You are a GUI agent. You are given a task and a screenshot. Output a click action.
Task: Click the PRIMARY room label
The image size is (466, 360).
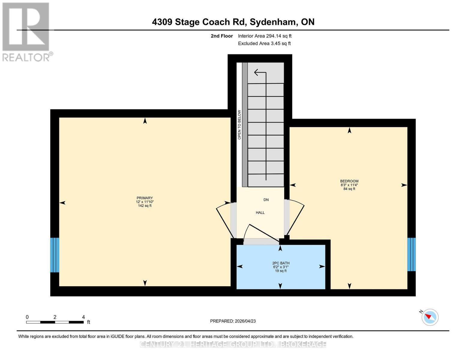click(145, 198)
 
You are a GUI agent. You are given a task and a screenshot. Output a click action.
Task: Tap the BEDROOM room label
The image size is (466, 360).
click(349, 181)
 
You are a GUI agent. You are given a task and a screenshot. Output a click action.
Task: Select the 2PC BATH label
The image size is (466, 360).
click(281, 263)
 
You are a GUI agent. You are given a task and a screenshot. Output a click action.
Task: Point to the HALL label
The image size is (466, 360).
click(260, 212)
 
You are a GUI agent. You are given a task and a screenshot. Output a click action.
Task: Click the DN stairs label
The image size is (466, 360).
click(266, 199)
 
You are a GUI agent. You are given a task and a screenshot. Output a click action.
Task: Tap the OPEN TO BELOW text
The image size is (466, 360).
click(239, 124)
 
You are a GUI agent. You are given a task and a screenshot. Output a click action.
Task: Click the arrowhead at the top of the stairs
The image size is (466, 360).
click(256, 73)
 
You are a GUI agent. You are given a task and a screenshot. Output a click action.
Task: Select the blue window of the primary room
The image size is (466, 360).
click(55, 255)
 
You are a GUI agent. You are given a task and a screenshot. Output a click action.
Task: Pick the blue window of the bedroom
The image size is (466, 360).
click(411, 254)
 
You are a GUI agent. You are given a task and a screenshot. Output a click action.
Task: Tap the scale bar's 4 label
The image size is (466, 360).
click(83, 317)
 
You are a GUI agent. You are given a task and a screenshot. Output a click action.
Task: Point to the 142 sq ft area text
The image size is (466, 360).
click(145, 205)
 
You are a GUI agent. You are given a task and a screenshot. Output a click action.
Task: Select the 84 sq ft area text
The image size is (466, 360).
click(349, 189)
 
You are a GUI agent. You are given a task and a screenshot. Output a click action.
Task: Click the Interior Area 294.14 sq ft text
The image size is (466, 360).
click(265, 36)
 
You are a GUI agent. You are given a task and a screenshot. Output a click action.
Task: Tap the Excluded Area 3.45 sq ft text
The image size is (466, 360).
click(264, 43)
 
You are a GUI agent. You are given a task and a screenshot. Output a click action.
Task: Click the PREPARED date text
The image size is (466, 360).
click(233, 321)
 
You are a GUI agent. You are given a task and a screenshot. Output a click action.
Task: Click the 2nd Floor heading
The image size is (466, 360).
click(222, 36)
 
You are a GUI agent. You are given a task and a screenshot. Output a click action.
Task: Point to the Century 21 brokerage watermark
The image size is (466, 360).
click(233, 344)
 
